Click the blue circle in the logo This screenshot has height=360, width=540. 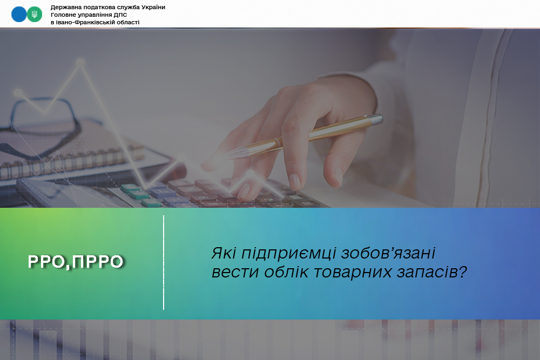tap(18, 15)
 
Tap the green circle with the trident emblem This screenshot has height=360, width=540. tap(35, 15)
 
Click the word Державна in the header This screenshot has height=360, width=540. tap(65, 7)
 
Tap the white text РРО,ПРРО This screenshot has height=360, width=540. tap(76, 262)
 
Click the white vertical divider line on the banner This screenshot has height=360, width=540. tap(164, 263)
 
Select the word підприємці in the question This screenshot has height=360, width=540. tap(288, 254)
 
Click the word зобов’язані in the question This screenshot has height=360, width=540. tap(388, 253)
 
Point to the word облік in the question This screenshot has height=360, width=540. tap(286, 272)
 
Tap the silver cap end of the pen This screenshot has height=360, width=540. tap(376, 120)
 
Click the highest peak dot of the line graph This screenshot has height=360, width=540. tap(80, 62)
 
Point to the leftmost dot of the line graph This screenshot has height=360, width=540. tap(18, 93)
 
